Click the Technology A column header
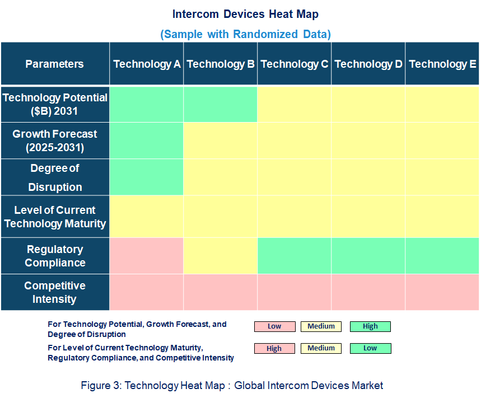tap(147, 64)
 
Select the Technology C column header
tap(295, 64)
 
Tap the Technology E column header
tap(442, 64)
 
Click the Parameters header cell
tap(54, 64)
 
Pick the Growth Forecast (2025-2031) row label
tap(54, 141)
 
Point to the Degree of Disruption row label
tap(54, 177)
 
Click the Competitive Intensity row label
tap(54, 292)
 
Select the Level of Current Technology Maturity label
tap(54, 217)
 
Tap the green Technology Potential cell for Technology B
tap(221, 105)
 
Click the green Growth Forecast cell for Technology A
tap(147, 141)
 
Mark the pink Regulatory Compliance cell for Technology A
tap(147, 256)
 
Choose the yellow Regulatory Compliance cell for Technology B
tap(221, 256)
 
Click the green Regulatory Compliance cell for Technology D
tap(368, 256)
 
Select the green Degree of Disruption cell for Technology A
tap(147, 177)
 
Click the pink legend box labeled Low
tap(274, 326)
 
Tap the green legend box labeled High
tap(370, 326)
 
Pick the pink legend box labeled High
tap(274, 348)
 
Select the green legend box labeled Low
tap(370, 348)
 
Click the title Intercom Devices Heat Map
tap(245, 14)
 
